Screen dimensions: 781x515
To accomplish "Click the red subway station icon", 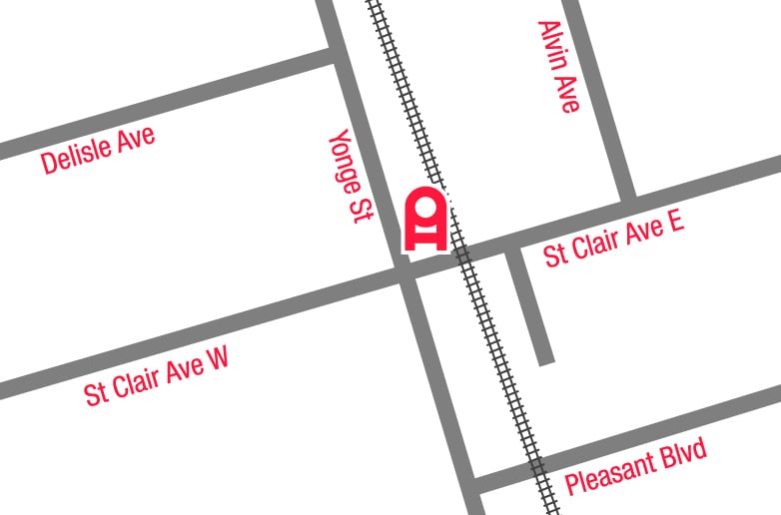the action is point(424,219).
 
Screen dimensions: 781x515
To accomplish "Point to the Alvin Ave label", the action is point(557,67).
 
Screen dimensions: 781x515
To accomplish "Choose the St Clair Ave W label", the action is point(157,376).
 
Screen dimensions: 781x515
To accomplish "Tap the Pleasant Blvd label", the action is point(635,466).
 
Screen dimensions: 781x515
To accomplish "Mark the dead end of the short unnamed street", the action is point(545,357).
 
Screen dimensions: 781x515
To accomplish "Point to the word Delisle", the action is point(78,157).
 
